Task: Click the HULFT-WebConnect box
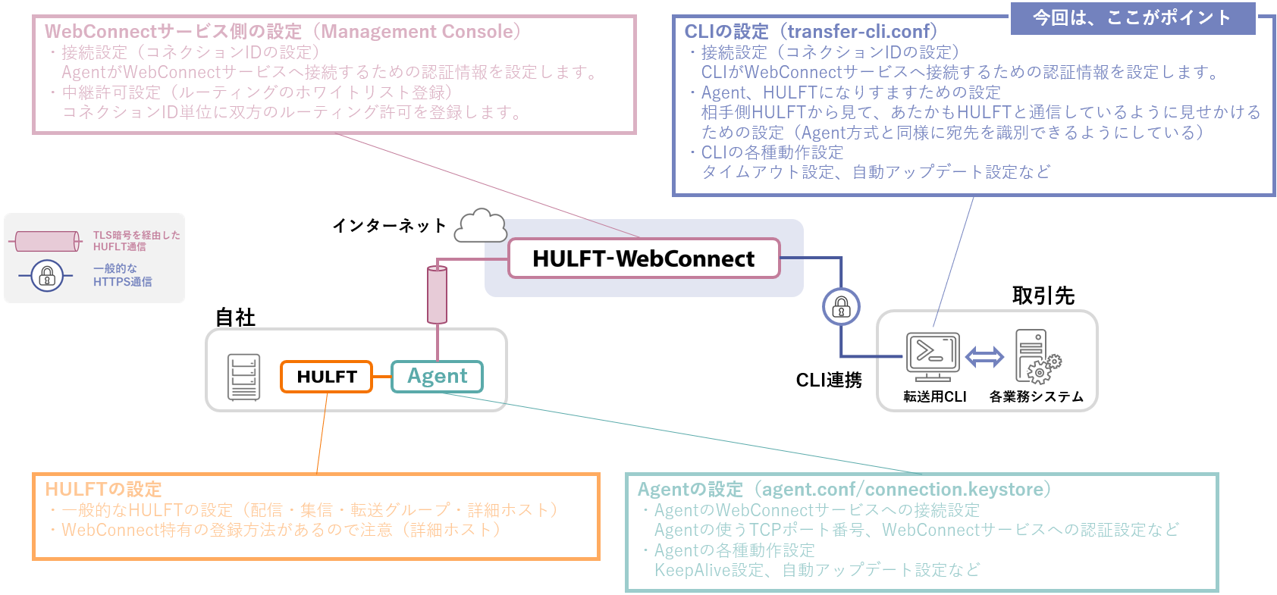[643, 258]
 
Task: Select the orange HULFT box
[326, 377]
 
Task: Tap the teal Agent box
[437, 377]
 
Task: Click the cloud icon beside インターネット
[481, 226]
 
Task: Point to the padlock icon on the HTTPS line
[841, 307]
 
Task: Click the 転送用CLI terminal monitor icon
[933, 355]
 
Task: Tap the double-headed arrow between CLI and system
[984, 356]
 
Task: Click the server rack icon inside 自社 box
[243, 377]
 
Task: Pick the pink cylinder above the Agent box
[437, 294]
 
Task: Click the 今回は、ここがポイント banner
[1132, 17]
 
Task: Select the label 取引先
[1043, 296]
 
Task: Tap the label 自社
[235, 318]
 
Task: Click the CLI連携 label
[829, 380]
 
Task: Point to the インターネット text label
[389, 226]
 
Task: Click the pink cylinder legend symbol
[47, 242]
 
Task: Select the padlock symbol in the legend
[47, 275]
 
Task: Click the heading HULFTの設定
[103, 489]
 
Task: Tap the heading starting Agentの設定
[845, 489]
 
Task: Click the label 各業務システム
[1036, 396]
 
